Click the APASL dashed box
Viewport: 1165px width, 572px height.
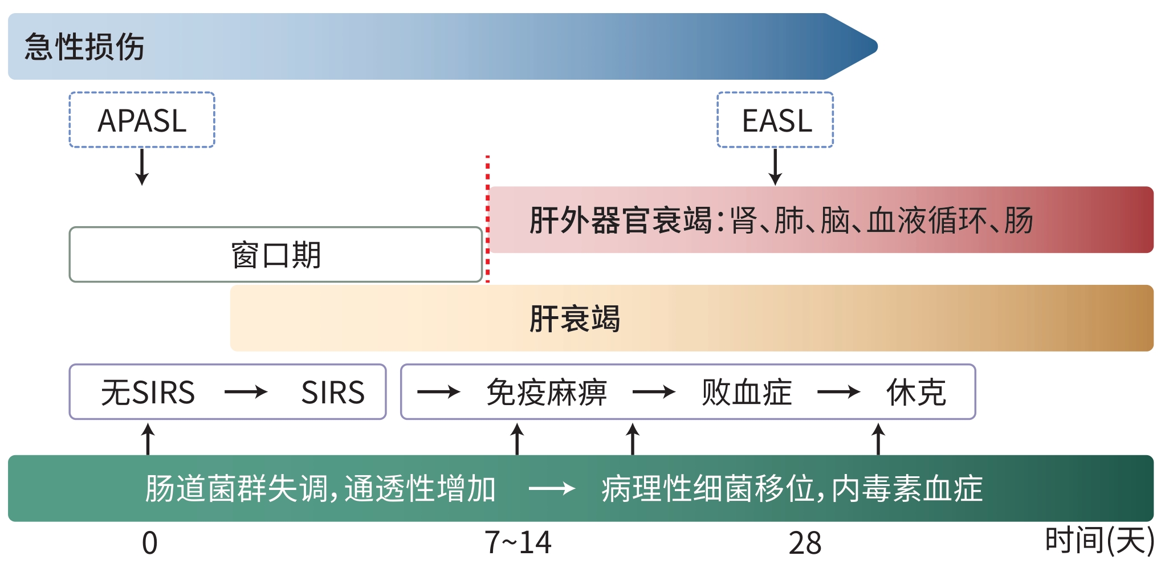pyautogui.click(x=142, y=120)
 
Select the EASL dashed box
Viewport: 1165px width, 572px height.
pyautogui.click(x=775, y=120)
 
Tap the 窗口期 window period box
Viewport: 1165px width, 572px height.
pyautogui.click(x=276, y=255)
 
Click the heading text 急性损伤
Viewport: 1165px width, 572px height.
pyautogui.click(x=84, y=47)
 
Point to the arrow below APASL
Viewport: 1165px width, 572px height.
pyautogui.click(x=142, y=166)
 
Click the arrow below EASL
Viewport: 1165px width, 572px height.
pyautogui.click(x=775, y=166)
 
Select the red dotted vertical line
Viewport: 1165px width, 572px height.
pyautogui.click(x=487, y=219)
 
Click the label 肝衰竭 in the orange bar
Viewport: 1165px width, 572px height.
pyautogui.click(x=575, y=318)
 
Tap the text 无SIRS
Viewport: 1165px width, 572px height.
pyautogui.click(x=148, y=393)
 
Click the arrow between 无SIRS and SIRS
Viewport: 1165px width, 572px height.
pyautogui.click(x=246, y=392)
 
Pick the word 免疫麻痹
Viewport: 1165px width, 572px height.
pyautogui.click(x=547, y=393)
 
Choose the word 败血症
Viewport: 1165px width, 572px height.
pyautogui.click(x=747, y=393)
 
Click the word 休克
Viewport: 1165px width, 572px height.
pyautogui.click(x=916, y=393)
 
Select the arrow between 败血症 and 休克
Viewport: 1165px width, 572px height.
pyautogui.click(x=838, y=392)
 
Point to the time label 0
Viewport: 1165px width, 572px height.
pyautogui.click(x=149, y=543)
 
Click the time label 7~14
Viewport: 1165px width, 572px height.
pyautogui.click(x=518, y=542)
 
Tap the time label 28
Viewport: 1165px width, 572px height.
pyautogui.click(x=805, y=543)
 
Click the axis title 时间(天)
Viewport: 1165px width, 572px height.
pyautogui.click(x=1099, y=541)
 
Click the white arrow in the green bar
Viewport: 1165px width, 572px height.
pyautogui.click(x=552, y=488)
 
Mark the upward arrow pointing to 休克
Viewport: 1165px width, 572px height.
pyautogui.click(x=878, y=439)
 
